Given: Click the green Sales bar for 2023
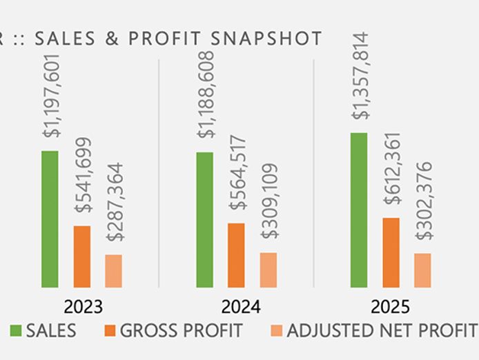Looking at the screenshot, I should (x=50, y=219).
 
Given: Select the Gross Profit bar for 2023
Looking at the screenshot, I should (x=82, y=256).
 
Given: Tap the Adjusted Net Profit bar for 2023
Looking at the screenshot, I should (x=114, y=270).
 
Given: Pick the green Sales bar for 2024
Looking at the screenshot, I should (x=204, y=219).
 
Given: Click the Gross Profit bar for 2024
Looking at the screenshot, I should (x=236, y=254).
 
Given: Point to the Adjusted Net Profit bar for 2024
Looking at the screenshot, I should (x=268, y=270).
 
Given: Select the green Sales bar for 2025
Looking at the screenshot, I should (x=359, y=210).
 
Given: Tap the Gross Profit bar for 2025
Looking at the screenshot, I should (x=391, y=252).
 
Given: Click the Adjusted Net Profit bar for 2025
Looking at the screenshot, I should (x=422, y=270).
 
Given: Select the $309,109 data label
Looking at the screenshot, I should (x=270, y=201).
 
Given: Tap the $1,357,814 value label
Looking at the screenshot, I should (x=361, y=76).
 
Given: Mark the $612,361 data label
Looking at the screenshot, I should (x=393, y=168).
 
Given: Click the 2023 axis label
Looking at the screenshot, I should (x=83, y=307).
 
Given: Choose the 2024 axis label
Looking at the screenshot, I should (x=237, y=307).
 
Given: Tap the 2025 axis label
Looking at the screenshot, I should (x=391, y=307).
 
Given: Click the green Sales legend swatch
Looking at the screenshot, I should (x=15, y=331).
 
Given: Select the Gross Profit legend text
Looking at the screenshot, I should (x=181, y=331).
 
